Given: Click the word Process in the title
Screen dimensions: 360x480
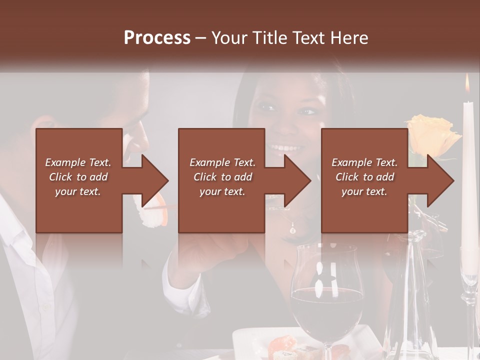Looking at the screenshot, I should click(157, 37).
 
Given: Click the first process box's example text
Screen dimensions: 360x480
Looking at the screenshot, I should click(78, 177).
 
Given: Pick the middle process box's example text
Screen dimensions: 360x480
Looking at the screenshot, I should click(222, 177).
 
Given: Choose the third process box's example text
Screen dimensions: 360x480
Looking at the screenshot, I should click(364, 177).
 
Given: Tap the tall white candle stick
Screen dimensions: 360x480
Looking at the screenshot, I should click(468, 175).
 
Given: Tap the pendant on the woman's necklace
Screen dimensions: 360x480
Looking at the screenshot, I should click(292, 230).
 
